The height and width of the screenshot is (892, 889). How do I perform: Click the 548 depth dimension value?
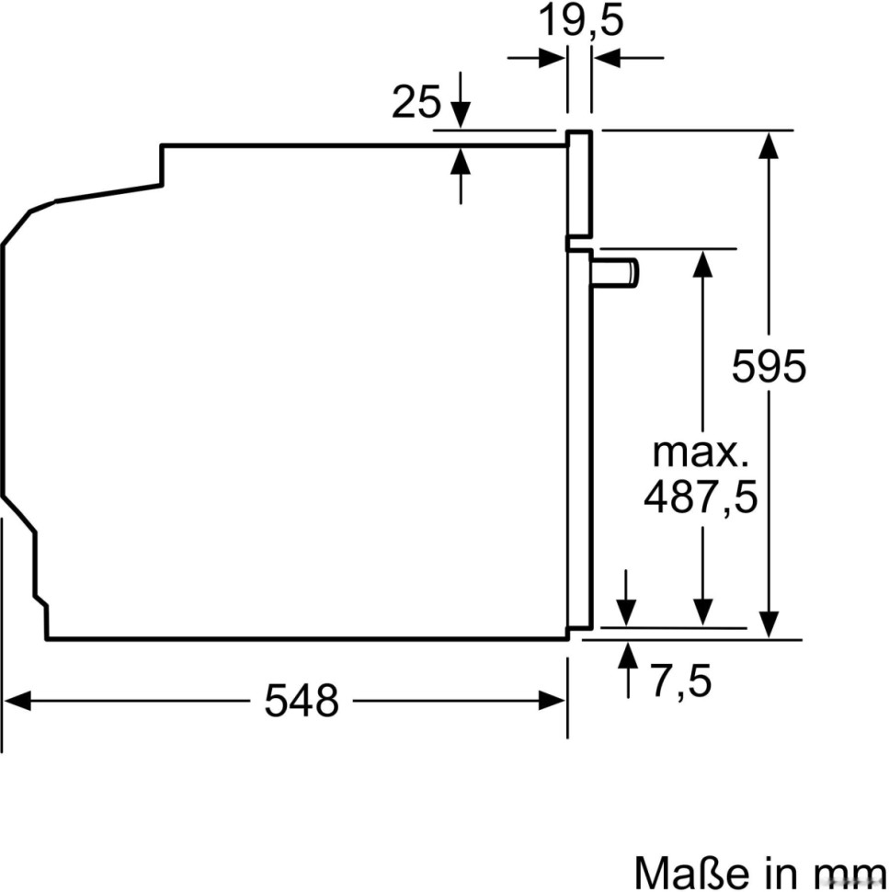pyautogui.click(x=302, y=702)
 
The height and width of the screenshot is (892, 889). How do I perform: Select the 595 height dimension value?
pyautogui.click(x=769, y=367)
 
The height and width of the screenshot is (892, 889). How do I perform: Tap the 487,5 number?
pyautogui.click(x=701, y=497)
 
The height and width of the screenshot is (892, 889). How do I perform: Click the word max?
pyautogui.click(x=701, y=452)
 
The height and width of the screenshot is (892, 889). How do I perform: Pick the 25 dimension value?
pyautogui.click(x=416, y=103)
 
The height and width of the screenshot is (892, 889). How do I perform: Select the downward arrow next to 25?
pyautogui.click(x=461, y=116)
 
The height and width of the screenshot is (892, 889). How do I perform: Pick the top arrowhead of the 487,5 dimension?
pyautogui.click(x=702, y=263)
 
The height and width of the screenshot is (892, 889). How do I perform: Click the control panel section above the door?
pyautogui.click(x=578, y=184)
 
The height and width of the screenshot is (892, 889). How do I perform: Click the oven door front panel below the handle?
pyautogui.click(x=577, y=441)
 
